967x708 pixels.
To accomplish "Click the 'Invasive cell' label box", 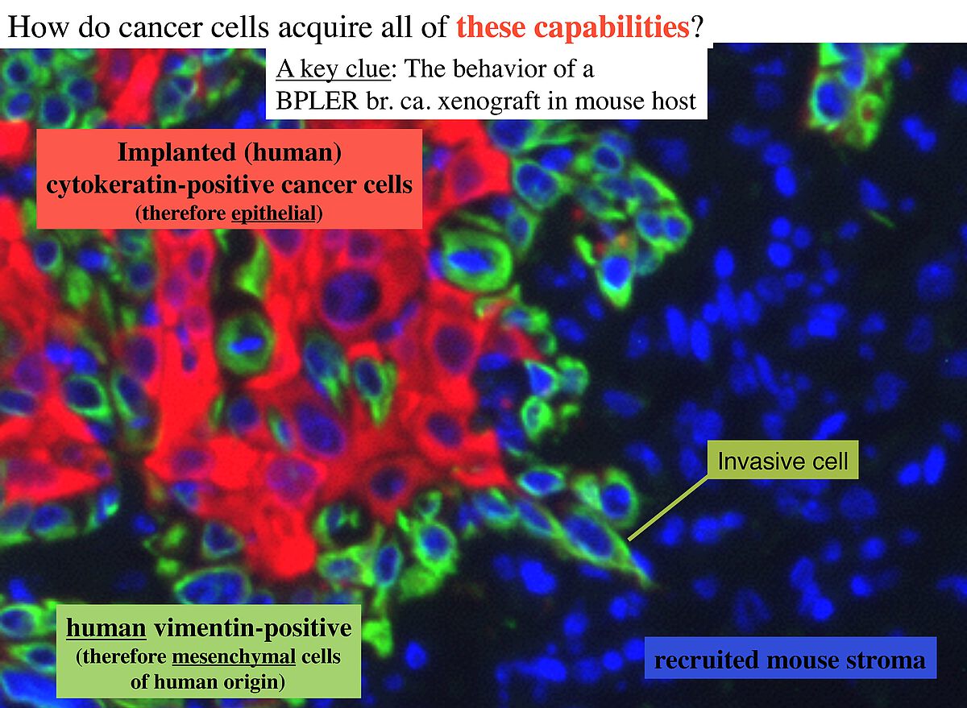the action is (782, 460).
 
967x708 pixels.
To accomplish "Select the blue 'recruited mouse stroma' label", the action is (791, 660).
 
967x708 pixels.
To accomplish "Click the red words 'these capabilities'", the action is (572, 27).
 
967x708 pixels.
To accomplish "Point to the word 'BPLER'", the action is (317, 101).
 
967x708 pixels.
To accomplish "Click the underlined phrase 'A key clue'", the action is (334, 69).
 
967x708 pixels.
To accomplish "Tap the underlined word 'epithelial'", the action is (274, 213).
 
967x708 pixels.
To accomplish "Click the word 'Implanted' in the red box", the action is (177, 153).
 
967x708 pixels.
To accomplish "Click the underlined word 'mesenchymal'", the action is (234, 657).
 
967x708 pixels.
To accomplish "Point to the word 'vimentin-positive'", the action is (253, 628).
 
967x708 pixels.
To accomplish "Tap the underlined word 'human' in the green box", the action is (106, 628).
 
